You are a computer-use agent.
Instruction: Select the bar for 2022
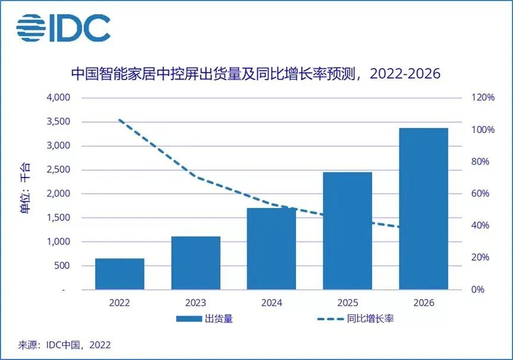pyautogui.click(x=119, y=274)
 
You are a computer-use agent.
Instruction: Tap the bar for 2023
pyautogui.click(x=196, y=263)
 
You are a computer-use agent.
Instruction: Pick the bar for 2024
pyautogui.click(x=272, y=249)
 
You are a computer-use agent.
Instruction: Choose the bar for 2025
pyautogui.click(x=348, y=231)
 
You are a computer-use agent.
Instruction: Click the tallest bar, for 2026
pyautogui.click(x=423, y=209)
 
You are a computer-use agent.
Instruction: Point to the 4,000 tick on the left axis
pyautogui.click(x=58, y=97)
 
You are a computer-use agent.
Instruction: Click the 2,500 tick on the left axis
pyautogui.click(x=58, y=170)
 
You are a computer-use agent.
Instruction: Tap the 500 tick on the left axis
pyautogui.click(x=62, y=266)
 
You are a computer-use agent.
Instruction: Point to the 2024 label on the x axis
pyautogui.click(x=272, y=302)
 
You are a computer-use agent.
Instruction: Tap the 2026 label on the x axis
pyautogui.click(x=423, y=302)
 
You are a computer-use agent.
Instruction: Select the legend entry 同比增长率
pyautogui.click(x=357, y=318)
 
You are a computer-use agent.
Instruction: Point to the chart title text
pyautogui.click(x=256, y=74)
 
